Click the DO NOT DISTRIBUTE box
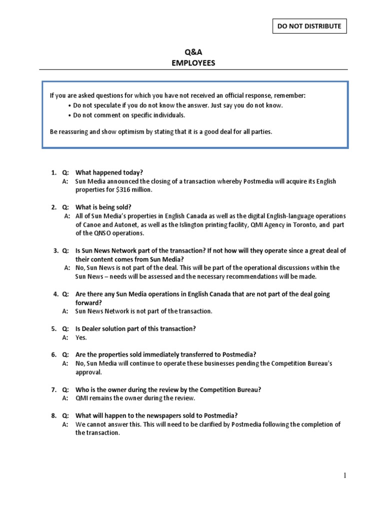(309, 26)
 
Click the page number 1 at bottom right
(345, 476)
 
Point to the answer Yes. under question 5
(81, 337)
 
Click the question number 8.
(53, 415)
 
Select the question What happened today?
(109, 172)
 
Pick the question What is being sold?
(103, 207)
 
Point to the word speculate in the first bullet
(104, 105)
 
